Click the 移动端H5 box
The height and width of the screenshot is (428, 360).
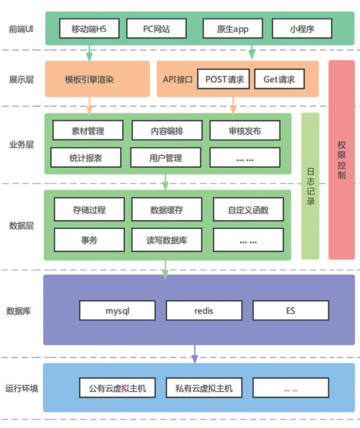coord(89,29)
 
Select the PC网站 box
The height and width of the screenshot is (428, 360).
coord(156,29)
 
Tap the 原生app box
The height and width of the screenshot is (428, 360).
coord(233,29)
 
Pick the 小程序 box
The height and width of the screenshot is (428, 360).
coord(302,29)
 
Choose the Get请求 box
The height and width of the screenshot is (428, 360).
coord(279,79)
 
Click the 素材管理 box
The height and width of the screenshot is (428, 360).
coord(88,131)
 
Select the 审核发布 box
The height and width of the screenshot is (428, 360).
coord(245,131)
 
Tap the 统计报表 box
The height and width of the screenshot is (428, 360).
coord(86,157)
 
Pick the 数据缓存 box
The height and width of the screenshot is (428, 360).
coord(166,210)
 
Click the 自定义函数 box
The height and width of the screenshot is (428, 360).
coord(248,210)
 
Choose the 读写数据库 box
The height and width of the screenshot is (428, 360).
coord(166,240)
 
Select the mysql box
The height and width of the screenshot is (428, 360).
coord(118,310)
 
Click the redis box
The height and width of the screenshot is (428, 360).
coord(204,310)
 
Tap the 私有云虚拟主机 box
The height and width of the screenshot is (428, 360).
coord(204,388)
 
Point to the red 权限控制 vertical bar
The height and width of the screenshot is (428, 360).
coord(342,160)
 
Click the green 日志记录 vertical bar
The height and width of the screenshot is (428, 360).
coord(310,186)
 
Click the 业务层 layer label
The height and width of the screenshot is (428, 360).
coord(21,145)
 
